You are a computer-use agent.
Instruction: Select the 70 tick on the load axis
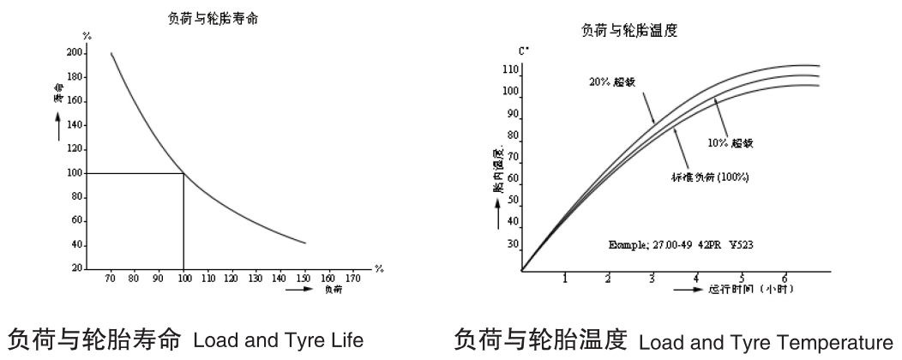111,279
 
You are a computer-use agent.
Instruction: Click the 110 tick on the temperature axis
511,69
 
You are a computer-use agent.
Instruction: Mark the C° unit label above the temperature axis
521,51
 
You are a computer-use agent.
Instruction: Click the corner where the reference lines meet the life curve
183,173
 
